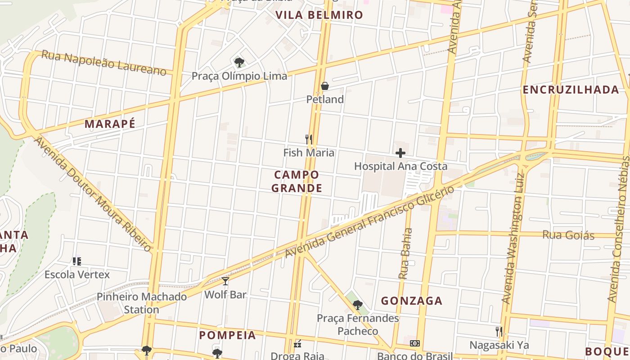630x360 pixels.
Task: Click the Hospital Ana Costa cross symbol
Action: coord(400,153)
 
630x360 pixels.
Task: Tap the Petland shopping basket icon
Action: coord(324,86)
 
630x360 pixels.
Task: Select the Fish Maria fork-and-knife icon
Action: coord(309,139)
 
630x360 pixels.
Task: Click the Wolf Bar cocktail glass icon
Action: coord(225,281)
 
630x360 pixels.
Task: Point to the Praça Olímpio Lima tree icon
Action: coord(239,62)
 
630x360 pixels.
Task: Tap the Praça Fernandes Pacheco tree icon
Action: coord(358,305)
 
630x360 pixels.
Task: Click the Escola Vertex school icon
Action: coord(77,261)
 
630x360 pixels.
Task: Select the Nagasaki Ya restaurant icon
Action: coord(499,332)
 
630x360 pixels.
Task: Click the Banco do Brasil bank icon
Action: coord(414,343)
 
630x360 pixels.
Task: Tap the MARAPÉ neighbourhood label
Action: coord(110,124)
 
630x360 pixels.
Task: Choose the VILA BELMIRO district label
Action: coord(319,15)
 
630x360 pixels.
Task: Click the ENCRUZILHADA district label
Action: coord(571,90)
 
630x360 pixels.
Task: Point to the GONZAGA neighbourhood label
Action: coord(412,301)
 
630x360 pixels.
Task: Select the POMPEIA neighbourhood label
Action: coord(227,335)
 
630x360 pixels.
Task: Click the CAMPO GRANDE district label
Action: coord(297,181)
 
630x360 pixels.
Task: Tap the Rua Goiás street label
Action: coord(568,235)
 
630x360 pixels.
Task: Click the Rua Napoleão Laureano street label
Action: coord(103,63)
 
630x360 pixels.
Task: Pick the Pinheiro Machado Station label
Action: coord(142,303)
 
